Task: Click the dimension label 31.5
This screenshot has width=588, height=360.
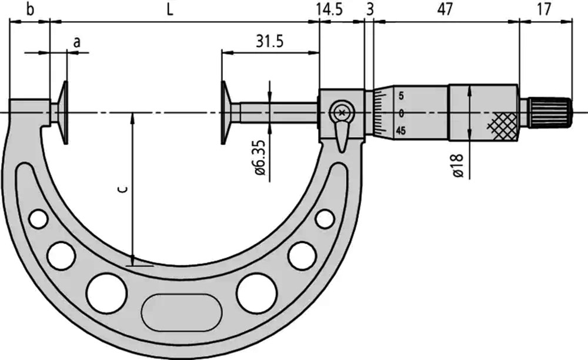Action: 270,41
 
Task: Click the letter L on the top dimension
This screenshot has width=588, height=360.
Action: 170,10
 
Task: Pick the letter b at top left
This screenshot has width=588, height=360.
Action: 30,9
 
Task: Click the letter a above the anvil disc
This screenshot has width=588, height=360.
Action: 76,42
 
